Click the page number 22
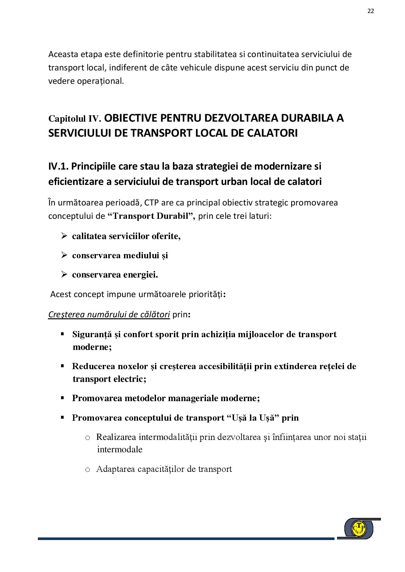[x=371, y=11]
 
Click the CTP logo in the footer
[x=359, y=528]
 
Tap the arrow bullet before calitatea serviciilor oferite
[x=64, y=236]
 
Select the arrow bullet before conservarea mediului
[x=64, y=255]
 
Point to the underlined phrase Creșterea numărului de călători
[x=109, y=315]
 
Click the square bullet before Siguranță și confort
[x=62, y=334]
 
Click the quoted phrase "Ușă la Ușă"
[x=253, y=418]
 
